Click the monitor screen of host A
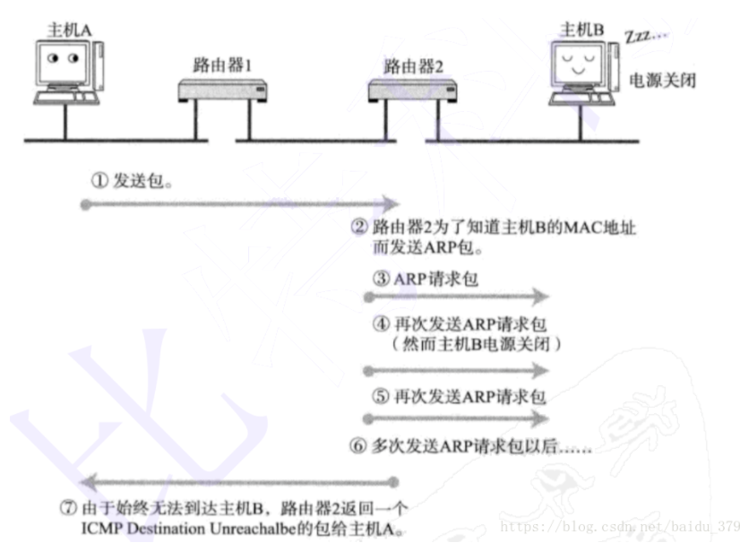tap(63, 61)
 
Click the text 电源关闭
tap(663, 80)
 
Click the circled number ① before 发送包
tap(99, 180)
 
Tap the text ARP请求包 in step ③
tap(436, 279)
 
